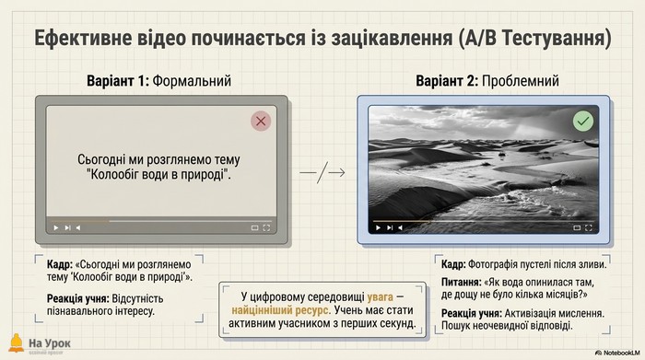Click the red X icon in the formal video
pyautogui.click(x=261, y=121)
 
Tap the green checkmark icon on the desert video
pyautogui.click(x=583, y=121)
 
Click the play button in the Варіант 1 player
pyautogui.click(x=56, y=227)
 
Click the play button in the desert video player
pyautogui.click(x=378, y=227)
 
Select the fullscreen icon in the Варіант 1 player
pyautogui.click(x=266, y=227)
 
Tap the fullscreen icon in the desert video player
pyautogui.click(x=589, y=227)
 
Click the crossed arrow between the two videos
pyautogui.click(x=322, y=172)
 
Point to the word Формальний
pyautogui.click(x=192, y=81)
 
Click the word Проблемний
pyautogui.click(x=521, y=81)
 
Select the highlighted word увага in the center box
pyautogui.click(x=380, y=296)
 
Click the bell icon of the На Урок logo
pyautogui.click(x=17, y=343)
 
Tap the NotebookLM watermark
pyautogui.click(x=617, y=353)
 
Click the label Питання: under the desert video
pyautogui.click(x=462, y=283)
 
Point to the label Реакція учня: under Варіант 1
pyautogui.click(x=77, y=298)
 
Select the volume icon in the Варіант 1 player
pyautogui.click(x=78, y=227)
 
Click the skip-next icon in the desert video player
pyautogui.click(x=390, y=227)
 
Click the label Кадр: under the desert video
pyautogui.click(x=453, y=264)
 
